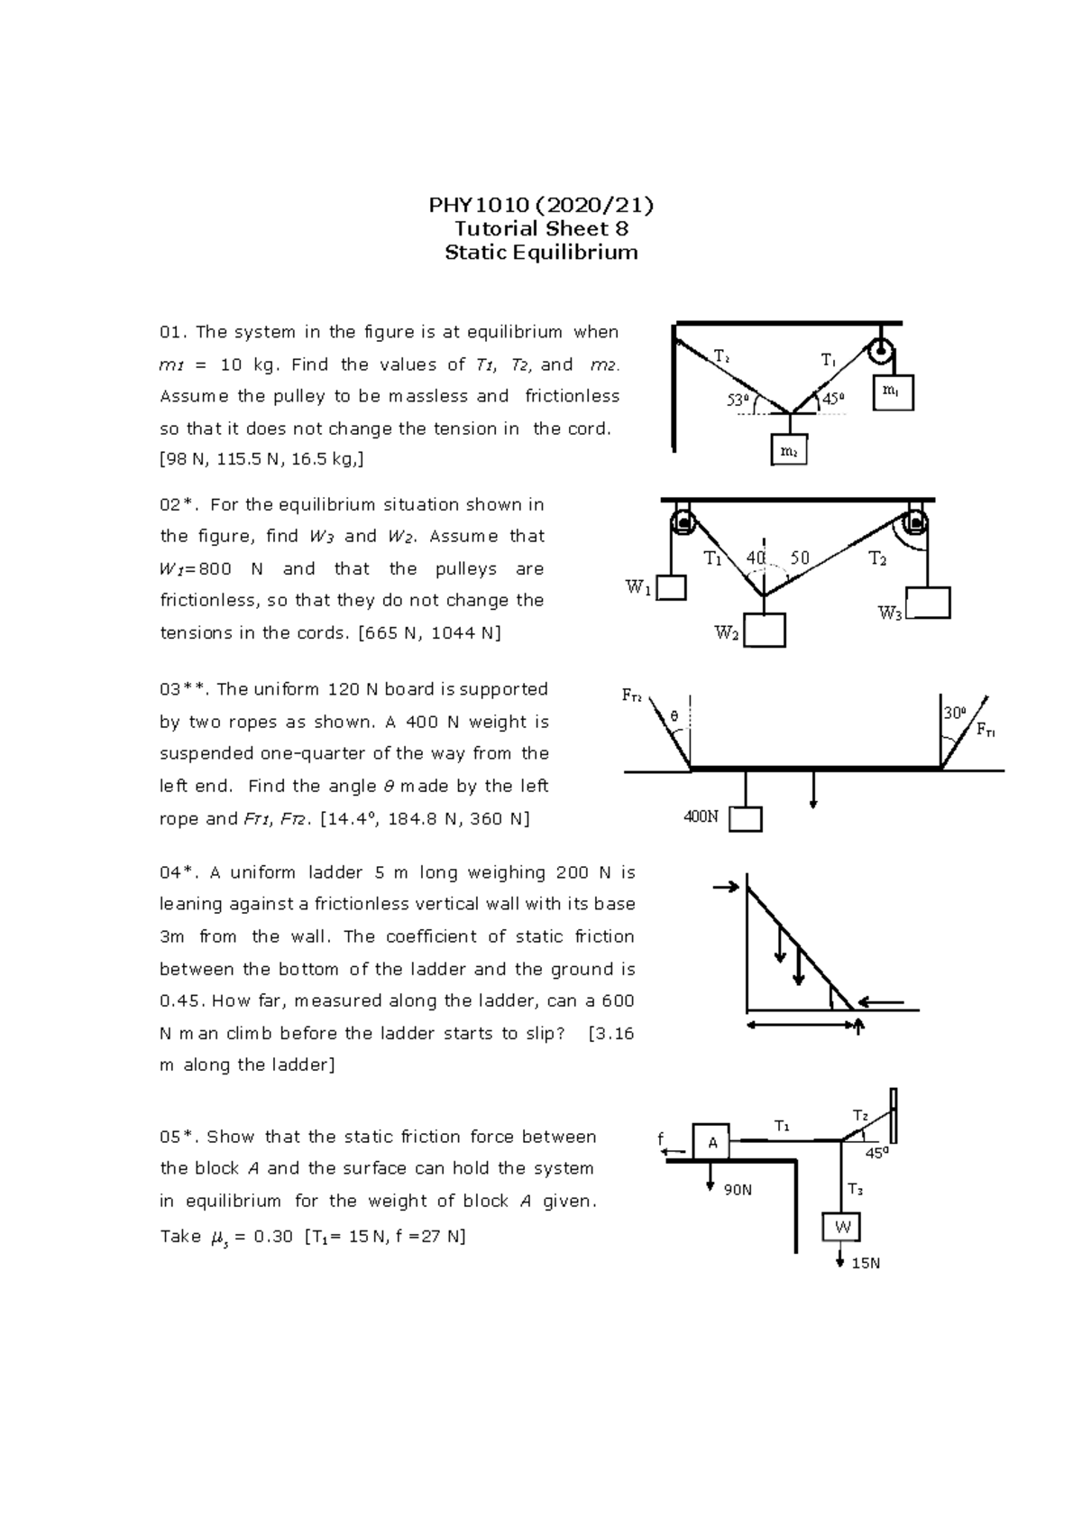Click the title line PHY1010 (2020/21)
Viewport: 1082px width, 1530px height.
tap(541, 205)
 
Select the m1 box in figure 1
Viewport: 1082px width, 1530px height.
tap(893, 392)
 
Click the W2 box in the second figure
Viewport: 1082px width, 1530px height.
tap(765, 631)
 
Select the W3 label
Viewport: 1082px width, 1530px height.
tap(890, 614)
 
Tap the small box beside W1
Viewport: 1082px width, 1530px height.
tap(671, 588)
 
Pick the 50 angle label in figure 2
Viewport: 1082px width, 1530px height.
tap(799, 559)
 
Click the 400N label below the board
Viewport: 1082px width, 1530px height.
tap(701, 817)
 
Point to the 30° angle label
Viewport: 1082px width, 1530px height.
tap(954, 713)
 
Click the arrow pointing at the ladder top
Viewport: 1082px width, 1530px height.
tap(725, 889)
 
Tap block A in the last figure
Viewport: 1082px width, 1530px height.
tap(711, 1142)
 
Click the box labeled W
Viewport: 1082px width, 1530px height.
tap(842, 1227)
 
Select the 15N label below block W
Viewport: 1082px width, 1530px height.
tap(866, 1264)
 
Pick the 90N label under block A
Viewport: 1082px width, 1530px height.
tap(738, 1190)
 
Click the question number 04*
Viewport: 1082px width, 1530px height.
tap(178, 872)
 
